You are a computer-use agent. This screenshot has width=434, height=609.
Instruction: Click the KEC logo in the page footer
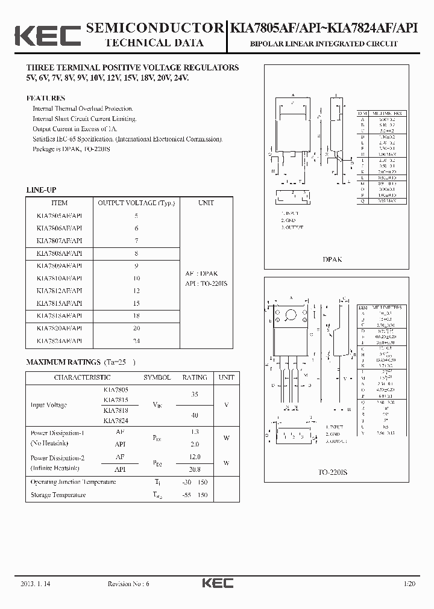click(x=217, y=583)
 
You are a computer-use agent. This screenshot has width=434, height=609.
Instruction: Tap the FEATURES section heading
click(x=45, y=98)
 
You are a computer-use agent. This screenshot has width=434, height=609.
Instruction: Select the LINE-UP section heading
click(x=41, y=190)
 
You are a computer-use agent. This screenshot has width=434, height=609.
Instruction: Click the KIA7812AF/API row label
click(x=59, y=291)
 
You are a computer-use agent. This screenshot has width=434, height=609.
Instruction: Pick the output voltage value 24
click(x=136, y=341)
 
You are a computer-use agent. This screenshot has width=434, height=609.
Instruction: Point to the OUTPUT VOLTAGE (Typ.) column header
click(x=136, y=203)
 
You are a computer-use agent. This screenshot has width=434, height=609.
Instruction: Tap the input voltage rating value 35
click(x=195, y=395)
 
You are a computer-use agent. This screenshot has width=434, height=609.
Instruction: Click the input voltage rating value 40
click(x=195, y=415)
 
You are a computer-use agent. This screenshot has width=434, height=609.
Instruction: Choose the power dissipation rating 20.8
click(x=195, y=469)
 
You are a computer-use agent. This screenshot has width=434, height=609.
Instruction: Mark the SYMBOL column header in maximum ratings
click(x=157, y=377)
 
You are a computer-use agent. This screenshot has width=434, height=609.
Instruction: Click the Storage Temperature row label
click(x=58, y=495)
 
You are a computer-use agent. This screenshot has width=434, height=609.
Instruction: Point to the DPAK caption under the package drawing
click(x=332, y=259)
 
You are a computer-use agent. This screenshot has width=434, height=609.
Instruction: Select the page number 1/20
click(x=410, y=584)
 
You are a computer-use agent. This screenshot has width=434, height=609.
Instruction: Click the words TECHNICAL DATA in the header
click(x=154, y=43)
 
